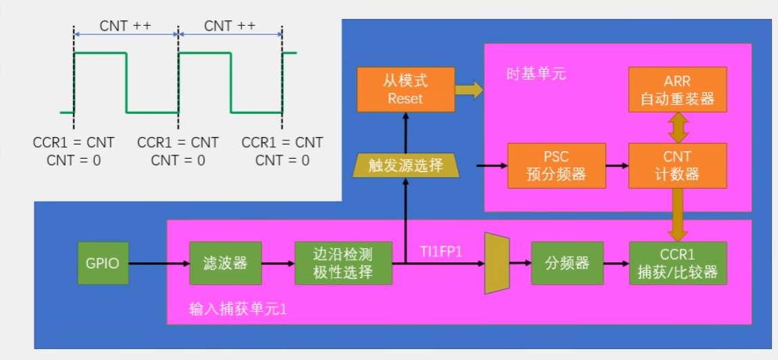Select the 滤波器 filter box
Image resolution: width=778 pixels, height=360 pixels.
point(226,263)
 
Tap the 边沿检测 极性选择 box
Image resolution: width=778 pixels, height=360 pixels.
point(343,263)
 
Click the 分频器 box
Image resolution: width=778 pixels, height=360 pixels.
point(567,263)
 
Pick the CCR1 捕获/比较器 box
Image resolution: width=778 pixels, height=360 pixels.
point(678,263)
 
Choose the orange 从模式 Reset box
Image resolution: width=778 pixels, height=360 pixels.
point(405,89)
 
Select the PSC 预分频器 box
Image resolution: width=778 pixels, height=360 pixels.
point(556,165)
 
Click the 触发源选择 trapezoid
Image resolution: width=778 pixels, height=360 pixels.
point(406,165)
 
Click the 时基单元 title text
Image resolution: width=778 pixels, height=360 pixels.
point(536,74)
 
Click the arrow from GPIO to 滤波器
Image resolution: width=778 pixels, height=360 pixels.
point(158,263)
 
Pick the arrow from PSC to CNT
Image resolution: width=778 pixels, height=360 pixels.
point(616,165)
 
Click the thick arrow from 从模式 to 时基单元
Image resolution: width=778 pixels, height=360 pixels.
point(468,89)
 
